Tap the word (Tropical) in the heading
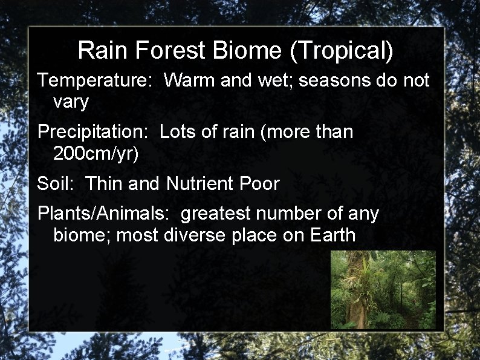(342, 51)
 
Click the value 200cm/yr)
(96, 154)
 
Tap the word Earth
(332, 235)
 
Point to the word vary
(71, 102)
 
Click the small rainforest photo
(383, 289)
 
